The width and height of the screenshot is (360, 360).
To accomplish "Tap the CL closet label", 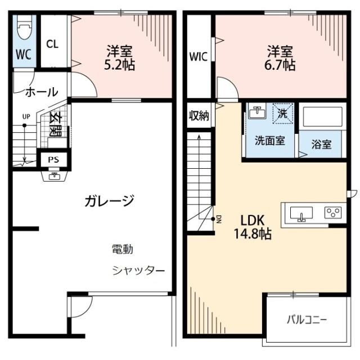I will pyautogui.click(x=52, y=44).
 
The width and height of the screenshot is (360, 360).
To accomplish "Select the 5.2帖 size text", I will pyautogui.click(x=119, y=65).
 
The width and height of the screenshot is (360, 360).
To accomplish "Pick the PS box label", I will pyautogui.click(x=53, y=159).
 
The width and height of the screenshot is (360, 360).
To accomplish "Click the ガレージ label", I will pyautogui.click(x=109, y=200).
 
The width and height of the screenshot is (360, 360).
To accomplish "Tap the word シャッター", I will pyautogui.click(x=138, y=271).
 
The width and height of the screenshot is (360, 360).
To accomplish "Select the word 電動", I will pyautogui.click(x=122, y=248).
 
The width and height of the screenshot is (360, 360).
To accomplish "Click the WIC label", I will pyautogui.click(x=198, y=56).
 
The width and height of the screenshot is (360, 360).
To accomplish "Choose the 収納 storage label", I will pyautogui.click(x=198, y=116).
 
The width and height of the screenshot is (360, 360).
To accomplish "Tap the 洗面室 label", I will pyautogui.click(x=269, y=141).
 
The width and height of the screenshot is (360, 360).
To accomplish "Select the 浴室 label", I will pyautogui.click(x=322, y=144).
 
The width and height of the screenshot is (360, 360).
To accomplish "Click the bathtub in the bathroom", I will pyautogui.click(x=322, y=117).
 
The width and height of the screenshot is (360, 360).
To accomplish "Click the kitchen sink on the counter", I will pyautogui.click(x=301, y=214).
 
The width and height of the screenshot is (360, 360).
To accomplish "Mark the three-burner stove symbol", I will pyautogui.click(x=332, y=213).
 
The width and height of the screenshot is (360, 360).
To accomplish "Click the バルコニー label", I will pyautogui.click(x=307, y=320).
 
